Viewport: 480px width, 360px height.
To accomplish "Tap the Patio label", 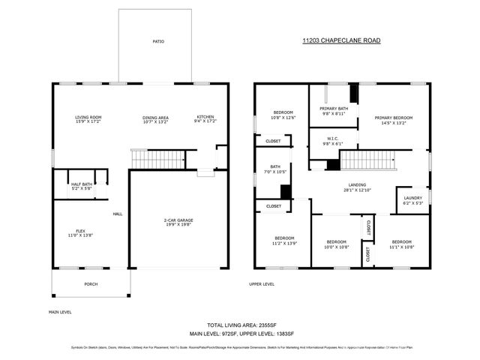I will [157, 41].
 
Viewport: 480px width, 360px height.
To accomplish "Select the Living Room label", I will [88, 120].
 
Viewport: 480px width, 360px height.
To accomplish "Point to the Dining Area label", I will [155, 120].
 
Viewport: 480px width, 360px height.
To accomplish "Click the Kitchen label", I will [205, 120].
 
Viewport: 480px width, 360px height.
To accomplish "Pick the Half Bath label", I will [82, 186].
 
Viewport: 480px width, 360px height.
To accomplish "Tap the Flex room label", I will [80, 233].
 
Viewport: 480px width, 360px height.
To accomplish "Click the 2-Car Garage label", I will [178, 223].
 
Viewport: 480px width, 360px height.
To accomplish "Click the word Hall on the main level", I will [118, 214].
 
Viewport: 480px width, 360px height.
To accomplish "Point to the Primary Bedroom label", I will [394, 120].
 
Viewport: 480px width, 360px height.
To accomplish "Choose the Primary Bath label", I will [333, 111].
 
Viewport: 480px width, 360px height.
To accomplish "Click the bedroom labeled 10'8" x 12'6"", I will [283, 115].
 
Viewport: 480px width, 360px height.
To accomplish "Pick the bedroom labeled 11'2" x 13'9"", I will [284, 242].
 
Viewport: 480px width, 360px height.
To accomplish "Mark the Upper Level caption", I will [262, 284].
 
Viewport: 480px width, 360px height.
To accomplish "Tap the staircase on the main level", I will [157, 159].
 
